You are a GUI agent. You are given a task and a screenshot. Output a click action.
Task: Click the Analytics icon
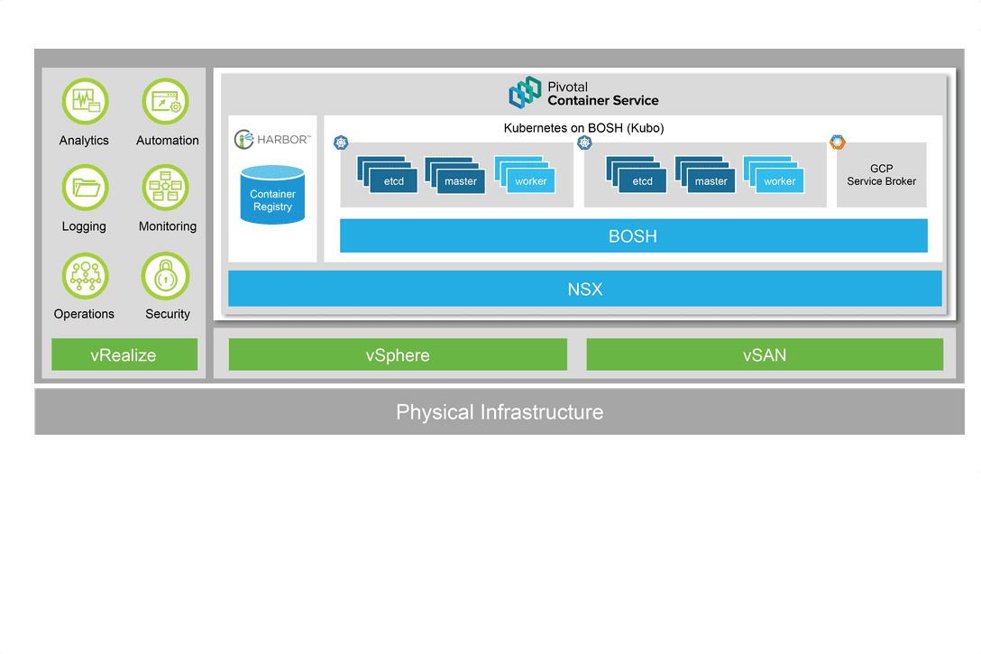click(x=85, y=101)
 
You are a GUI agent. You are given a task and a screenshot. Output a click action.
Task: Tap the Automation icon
click(x=166, y=101)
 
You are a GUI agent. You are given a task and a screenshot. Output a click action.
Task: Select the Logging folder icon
click(x=85, y=188)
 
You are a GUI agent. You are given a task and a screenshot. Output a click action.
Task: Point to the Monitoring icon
click(x=166, y=188)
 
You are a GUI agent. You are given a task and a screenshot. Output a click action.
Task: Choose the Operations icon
click(x=85, y=275)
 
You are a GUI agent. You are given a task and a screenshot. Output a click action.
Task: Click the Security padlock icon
click(x=166, y=275)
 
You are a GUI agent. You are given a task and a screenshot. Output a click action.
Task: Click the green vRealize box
click(x=124, y=355)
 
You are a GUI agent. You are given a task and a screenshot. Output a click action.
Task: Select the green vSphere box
click(x=398, y=355)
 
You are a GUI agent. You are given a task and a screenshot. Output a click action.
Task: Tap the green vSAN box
click(x=765, y=355)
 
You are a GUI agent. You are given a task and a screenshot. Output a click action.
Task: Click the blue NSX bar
click(x=584, y=290)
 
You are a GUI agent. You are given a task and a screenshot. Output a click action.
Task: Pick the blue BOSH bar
click(x=633, y=236)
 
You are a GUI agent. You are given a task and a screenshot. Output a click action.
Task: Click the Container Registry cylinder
click(x=272, y=195)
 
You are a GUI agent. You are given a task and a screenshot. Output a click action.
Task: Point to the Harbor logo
click(x=272, y=139)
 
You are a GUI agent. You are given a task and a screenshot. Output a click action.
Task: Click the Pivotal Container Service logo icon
click(x=525, y=93)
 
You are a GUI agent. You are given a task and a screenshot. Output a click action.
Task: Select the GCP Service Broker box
click(x=881, y=175)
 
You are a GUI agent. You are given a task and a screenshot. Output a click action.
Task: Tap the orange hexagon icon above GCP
click(x=838, y=142)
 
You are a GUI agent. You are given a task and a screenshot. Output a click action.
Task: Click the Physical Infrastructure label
click(x=500, y=412)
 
